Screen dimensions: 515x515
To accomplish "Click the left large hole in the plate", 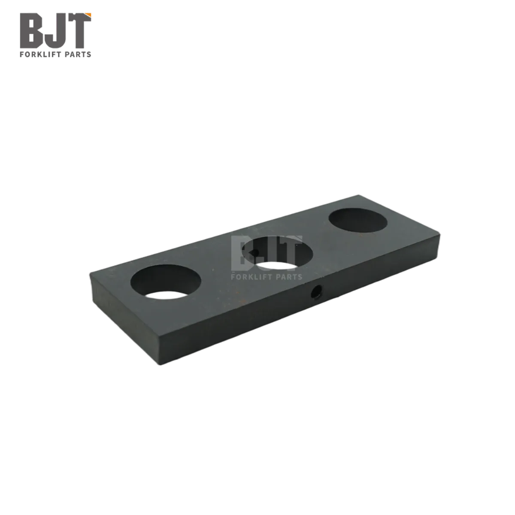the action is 166,282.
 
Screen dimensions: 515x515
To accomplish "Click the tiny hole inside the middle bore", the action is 254,252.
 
